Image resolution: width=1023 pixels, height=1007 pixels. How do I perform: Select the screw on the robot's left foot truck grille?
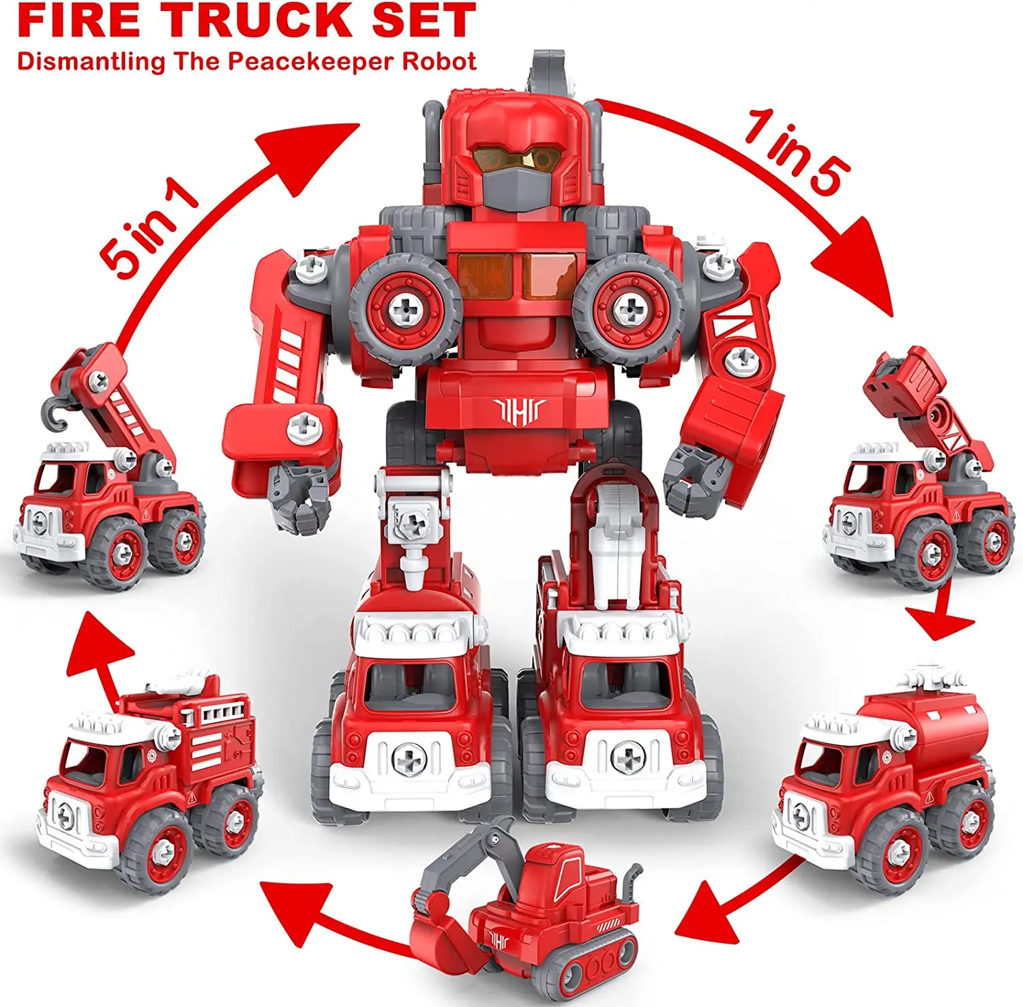(409, 757)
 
